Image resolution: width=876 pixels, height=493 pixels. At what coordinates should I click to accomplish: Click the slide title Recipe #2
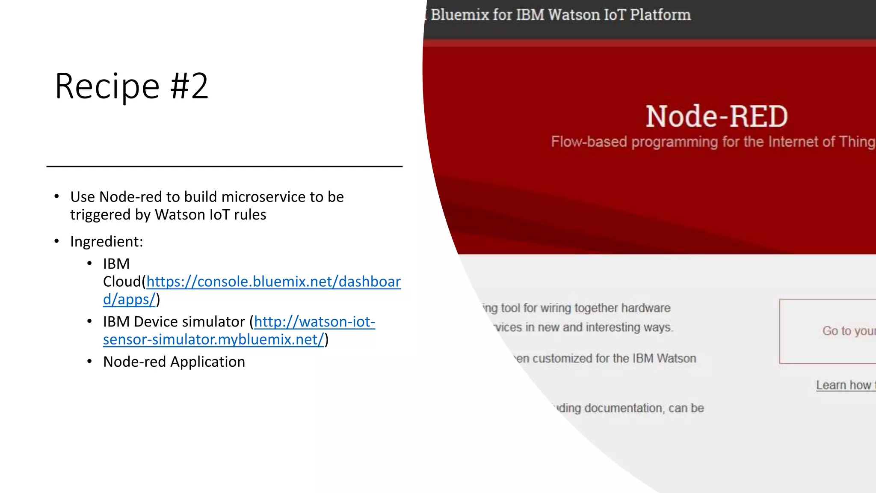[x=131, y=86]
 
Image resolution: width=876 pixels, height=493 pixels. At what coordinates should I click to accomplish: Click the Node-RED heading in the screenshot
[x=716, y=116]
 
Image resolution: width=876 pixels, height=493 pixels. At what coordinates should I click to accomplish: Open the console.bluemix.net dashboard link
[x=273, y=282]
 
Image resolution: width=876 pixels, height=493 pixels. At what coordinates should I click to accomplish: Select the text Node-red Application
[x=174, y=362]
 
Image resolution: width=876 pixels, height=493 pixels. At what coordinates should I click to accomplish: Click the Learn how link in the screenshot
[x=845, y=385]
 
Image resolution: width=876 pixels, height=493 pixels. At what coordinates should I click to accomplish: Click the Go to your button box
[x=828, y=331]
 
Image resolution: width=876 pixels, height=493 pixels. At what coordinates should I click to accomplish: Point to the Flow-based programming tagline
[x=712, y=142]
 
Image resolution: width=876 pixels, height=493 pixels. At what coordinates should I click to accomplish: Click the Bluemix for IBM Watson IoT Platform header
[x=560, y=15]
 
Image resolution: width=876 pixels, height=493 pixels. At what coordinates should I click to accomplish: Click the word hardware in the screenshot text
[x=645, y=308]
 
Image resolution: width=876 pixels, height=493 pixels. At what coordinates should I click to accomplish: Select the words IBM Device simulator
[x=174, y=322]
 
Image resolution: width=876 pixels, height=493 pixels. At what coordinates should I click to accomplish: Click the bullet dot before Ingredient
[x=56, y=241]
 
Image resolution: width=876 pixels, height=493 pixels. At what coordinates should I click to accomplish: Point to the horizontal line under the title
[x=224, y=166]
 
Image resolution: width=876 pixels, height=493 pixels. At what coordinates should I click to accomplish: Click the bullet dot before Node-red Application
[x=89, y=362]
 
